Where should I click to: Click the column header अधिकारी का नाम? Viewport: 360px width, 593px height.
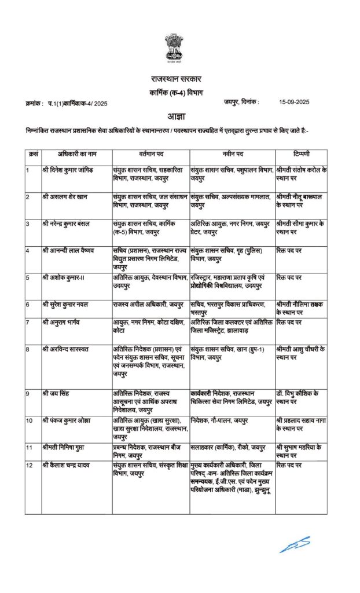pyautogui.click(x=76, y=156)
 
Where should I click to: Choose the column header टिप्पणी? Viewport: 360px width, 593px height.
pyautogui.click(x=301, y=156)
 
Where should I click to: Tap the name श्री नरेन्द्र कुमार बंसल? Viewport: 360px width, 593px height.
pyautogui.click(x=67, y=223)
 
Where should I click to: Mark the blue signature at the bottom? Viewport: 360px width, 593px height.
pyautogui.click(x=295, y=544)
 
